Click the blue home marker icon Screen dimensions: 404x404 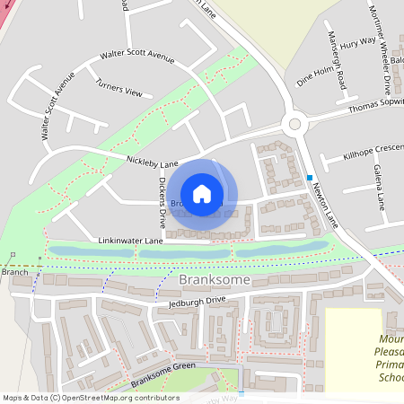click(202, 193)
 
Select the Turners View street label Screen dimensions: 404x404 click(119, 88)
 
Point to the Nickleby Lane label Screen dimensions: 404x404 click(156, 163)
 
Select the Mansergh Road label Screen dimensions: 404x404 click(334, 64)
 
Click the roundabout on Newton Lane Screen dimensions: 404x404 click(294, 124)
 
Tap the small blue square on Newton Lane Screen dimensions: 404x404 click(309, 177)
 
